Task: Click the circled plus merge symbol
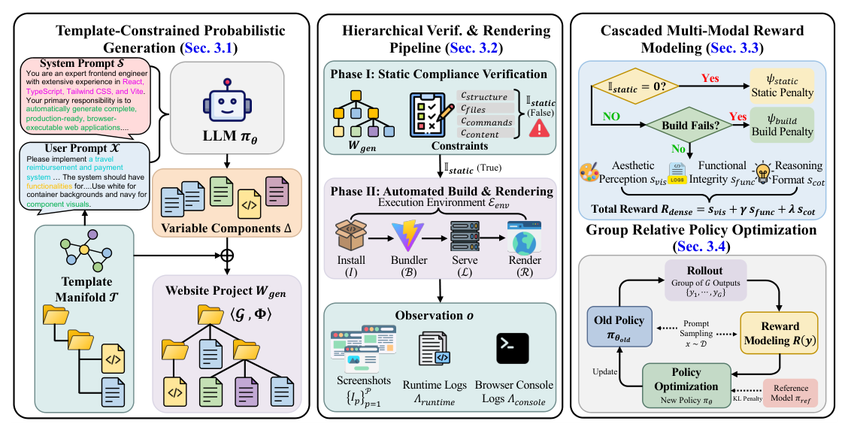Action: [226, 255]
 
